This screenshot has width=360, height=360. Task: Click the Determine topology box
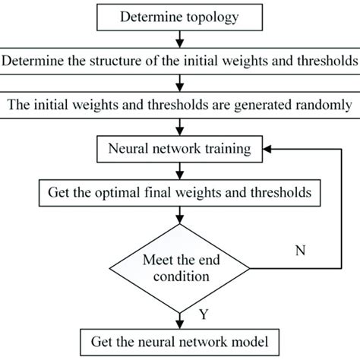click(x=180, y=17)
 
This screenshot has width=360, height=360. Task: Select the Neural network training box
click(x=180, y=149)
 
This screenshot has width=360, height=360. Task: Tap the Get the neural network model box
click(x=180, y=343)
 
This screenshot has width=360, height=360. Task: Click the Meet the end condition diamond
click(x=180, y=268)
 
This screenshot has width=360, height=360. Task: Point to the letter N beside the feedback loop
click(x=301, y=251)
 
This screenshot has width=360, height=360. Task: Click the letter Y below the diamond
click(x=204, y=314)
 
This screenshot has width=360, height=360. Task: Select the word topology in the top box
click(x=213, y=17)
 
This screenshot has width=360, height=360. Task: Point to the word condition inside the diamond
click(x=182, y=276)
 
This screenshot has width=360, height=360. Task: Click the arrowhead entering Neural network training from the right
click(x=267, y=149)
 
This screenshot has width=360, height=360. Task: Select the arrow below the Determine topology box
click(x=180, y=39)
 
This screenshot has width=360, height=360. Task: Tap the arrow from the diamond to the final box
click(x=180, y=321)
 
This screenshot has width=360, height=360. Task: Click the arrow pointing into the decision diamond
click(x=180, y=215)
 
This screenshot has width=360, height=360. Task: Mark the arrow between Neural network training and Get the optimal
click(x=180, y=171)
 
